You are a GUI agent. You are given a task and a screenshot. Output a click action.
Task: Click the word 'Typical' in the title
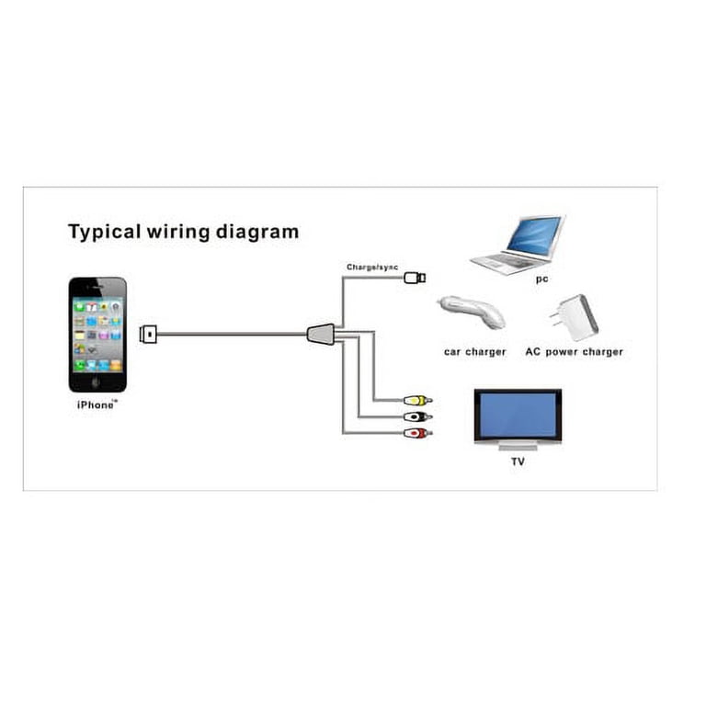(x=105, y=233)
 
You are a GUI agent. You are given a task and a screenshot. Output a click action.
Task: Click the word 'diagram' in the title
(x=257, y=233)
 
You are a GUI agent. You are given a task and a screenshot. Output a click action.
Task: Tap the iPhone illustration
(x=97, y=335)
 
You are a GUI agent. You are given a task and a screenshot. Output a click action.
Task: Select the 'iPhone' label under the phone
(x=97, y=404)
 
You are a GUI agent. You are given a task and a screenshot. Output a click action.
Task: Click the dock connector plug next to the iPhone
(x=148, y=334)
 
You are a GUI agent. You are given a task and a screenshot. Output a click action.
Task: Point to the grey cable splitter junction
(x=321, y=334)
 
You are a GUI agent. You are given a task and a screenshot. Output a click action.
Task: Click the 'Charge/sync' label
(x=372, y=268)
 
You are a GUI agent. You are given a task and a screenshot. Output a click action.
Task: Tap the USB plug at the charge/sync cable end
(x=415, y=278)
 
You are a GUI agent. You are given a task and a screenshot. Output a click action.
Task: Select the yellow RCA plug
(x=417, y=400)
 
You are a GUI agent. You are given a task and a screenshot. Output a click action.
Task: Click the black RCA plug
(x=417, y=417)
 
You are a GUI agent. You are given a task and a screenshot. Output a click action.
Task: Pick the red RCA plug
(x=417, y=434)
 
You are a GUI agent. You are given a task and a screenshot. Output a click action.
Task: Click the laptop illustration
(x=518, y=245)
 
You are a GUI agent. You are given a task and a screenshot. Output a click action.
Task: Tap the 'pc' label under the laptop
(x=542, y=279)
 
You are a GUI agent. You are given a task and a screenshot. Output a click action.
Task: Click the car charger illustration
(x=472, y=313)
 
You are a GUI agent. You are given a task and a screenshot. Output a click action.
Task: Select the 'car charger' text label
(x=475, y=352)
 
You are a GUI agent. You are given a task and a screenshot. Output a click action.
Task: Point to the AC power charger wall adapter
(x=574, y=317)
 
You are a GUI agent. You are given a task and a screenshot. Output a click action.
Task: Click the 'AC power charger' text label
(x=574, y=352)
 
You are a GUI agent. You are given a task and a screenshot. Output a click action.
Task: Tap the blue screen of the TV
(x=518, y=415)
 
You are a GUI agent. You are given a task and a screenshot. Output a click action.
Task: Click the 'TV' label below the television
(x=518, y=461)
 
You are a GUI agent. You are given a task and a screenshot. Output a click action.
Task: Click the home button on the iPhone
(x=96, y=382)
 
